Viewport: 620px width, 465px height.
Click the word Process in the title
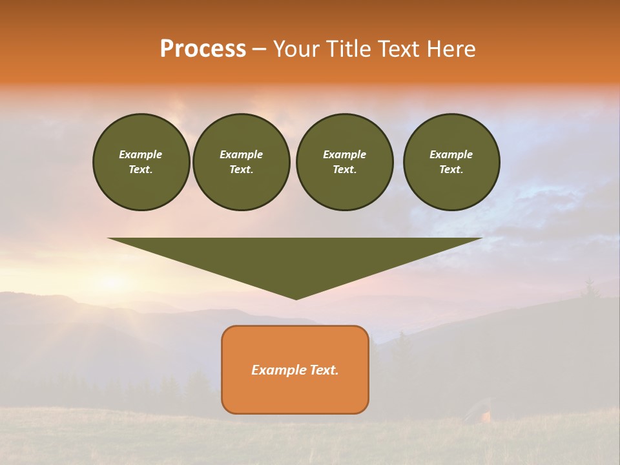(203, 49)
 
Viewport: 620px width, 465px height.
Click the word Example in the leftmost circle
(141, 154)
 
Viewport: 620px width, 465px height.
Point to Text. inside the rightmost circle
(451, 169)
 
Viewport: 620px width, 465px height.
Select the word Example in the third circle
(344, 154)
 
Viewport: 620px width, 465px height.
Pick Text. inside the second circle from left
(241, 169)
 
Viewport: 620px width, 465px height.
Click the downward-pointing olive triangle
(295, 258)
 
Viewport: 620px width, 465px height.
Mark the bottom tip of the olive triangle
(296, 298)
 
